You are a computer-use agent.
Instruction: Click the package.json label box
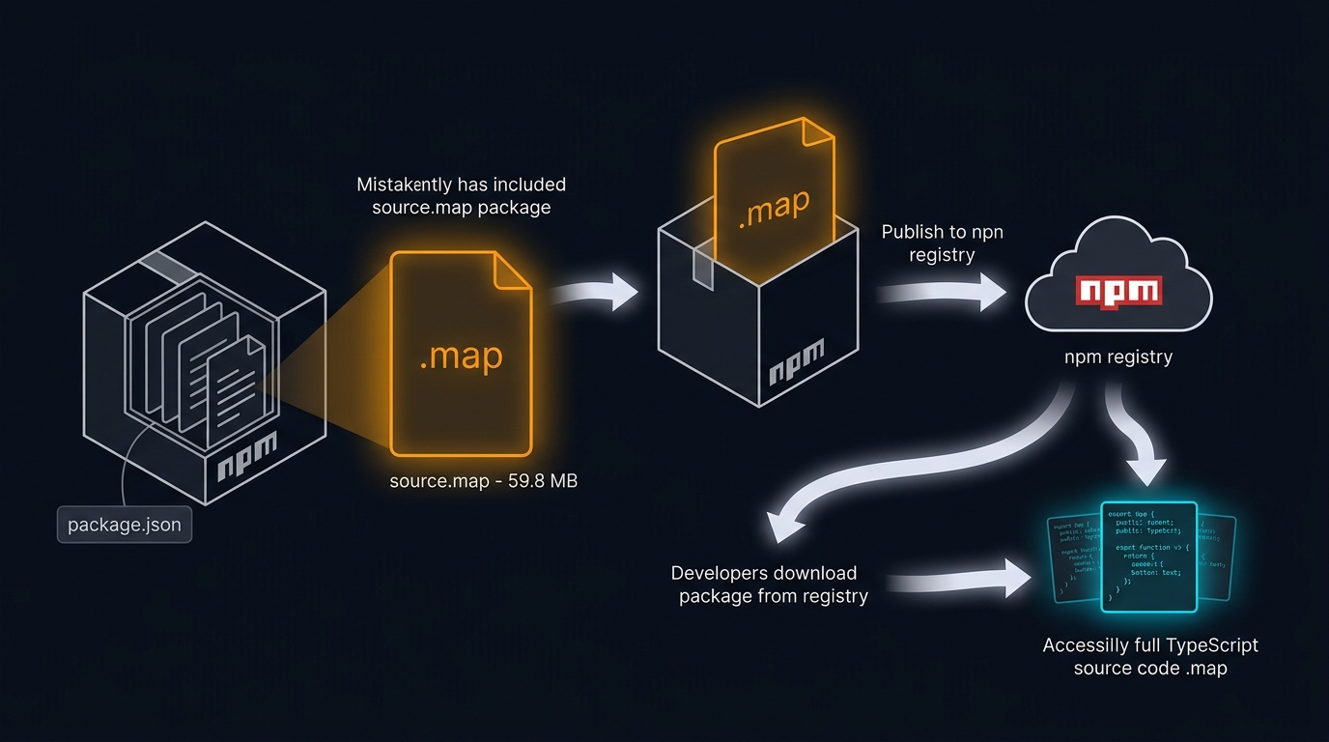coord(125,525)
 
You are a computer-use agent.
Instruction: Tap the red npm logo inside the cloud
coord(1118,291)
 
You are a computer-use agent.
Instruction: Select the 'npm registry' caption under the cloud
coord(1117,357)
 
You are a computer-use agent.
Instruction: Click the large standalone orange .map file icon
coord(461,354)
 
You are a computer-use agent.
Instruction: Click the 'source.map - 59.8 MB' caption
coord(483,480)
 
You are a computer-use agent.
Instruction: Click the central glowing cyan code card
coord(1148,556)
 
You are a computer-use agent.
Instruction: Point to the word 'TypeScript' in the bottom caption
coord(1211,644)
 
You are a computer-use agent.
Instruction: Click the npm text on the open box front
coord(798,365)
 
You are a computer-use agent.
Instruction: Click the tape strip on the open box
coord(703,261)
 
